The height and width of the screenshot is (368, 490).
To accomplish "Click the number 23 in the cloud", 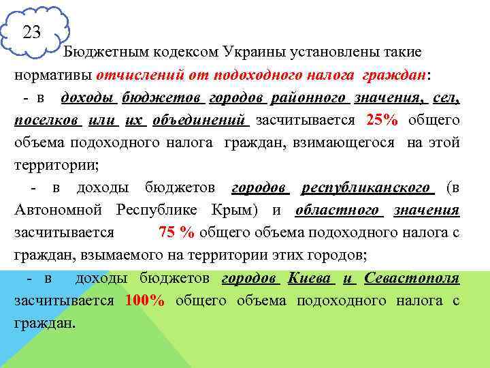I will (x=31, y=32).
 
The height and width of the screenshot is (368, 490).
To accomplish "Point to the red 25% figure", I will (x=381, y=121).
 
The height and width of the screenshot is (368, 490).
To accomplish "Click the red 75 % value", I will (x=176, y=233).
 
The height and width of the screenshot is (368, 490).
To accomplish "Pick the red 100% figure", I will (x=144, y=301).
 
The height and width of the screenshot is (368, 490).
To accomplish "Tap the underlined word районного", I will (x=309, y=98).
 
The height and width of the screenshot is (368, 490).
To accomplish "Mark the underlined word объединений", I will (x=198, y=121).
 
